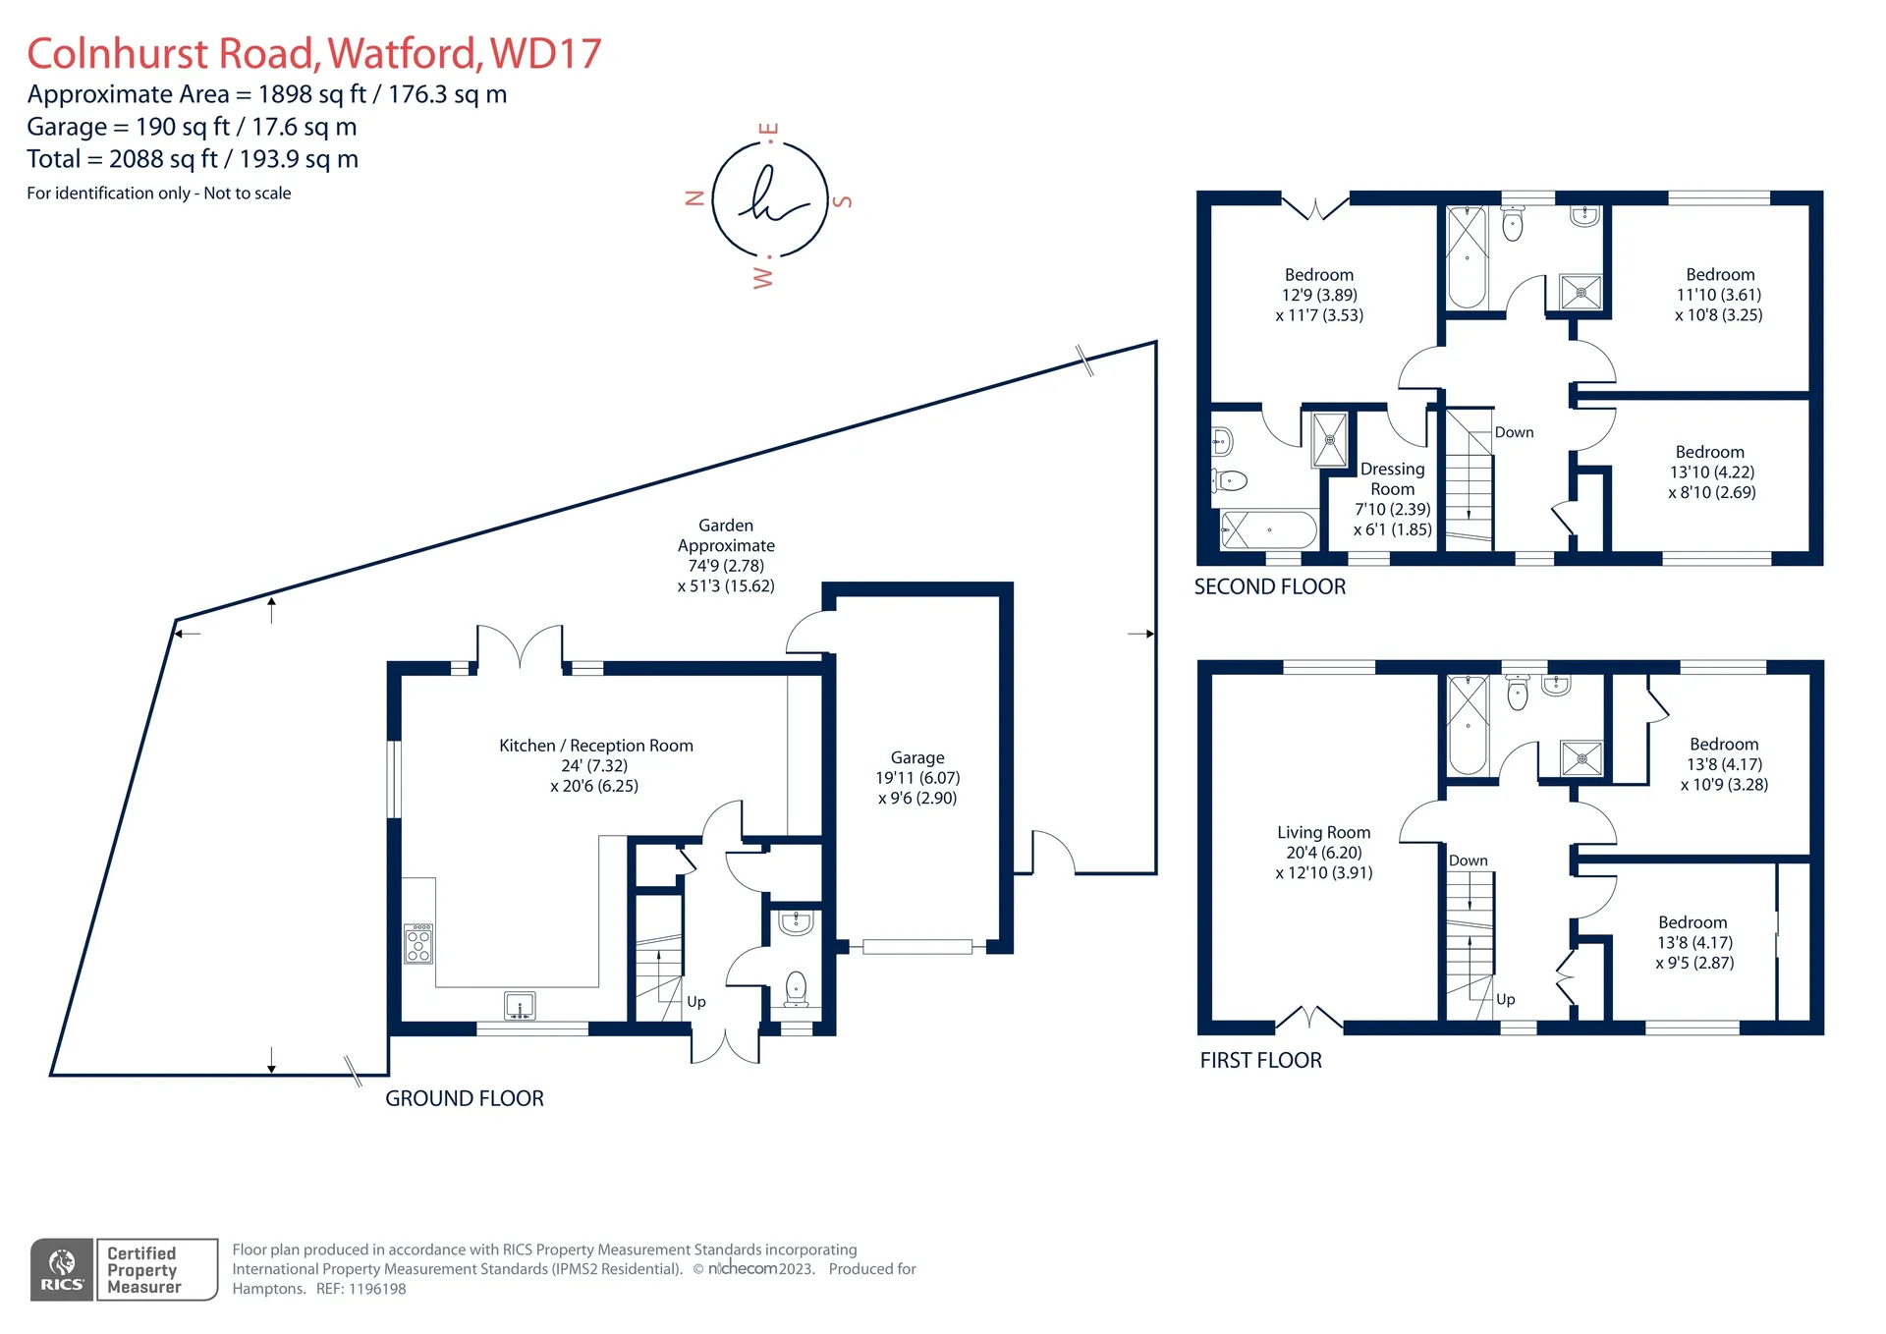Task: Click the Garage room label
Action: point(917,757)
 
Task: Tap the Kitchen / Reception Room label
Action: point(596,746)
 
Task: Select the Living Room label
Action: point(1323,832)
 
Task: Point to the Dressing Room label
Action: point(1393,478)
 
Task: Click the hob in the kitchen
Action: point(418,943)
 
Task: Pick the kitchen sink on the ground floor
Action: point(520,1006)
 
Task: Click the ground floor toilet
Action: point(796,989)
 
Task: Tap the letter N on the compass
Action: point(694,197)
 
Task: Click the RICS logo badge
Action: point(62,1270)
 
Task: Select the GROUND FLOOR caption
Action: point(465,1098)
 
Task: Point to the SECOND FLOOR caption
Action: point(1270,586)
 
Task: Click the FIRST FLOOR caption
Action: point(1261,1060)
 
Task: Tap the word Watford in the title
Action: point(405,54)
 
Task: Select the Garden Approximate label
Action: point(726,535)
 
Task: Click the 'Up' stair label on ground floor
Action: point(696,1002)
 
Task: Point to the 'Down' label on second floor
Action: point(1514,432)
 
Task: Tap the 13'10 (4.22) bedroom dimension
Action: point(1712,472)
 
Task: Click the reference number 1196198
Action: point(378,1289)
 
